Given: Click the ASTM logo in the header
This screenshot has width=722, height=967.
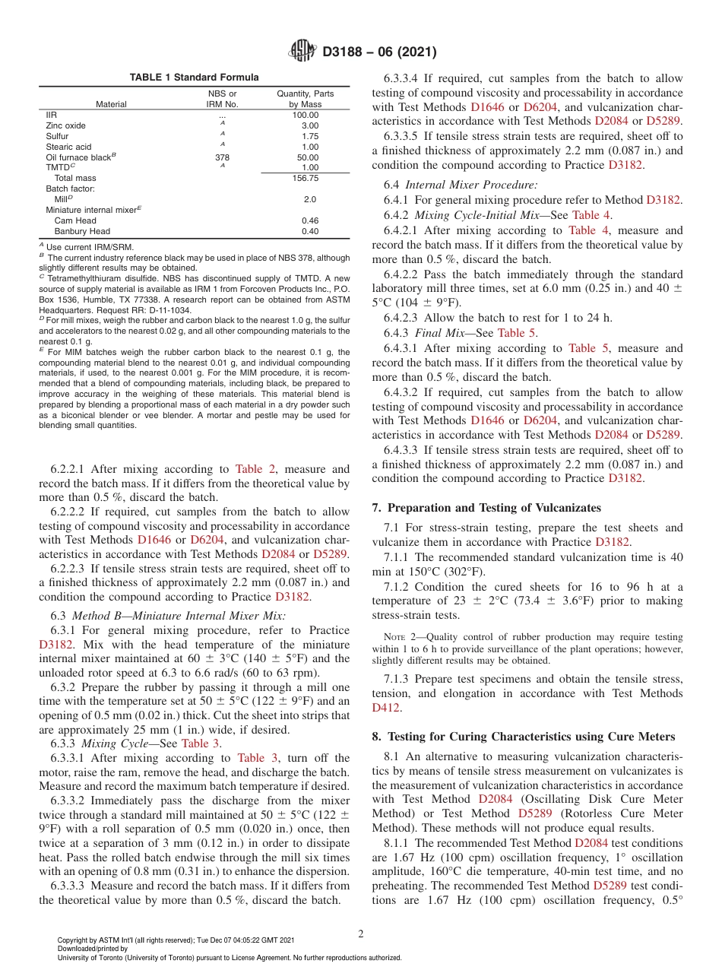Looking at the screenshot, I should (x=303, y=52).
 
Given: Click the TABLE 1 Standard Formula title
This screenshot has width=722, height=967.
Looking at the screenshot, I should (x=194, y=78).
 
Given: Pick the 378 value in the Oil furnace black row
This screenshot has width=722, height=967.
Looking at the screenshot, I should (x=222, y=157).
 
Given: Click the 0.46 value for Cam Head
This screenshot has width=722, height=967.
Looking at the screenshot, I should (x=310, y=220).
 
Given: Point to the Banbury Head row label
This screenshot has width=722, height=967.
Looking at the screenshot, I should (x=82, y=231).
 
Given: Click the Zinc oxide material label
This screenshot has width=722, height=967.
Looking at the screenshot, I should (x=66, y=125).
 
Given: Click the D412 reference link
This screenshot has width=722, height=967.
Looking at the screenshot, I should (x=387, y=707).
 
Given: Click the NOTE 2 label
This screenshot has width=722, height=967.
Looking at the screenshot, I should (x=397, y=636).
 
